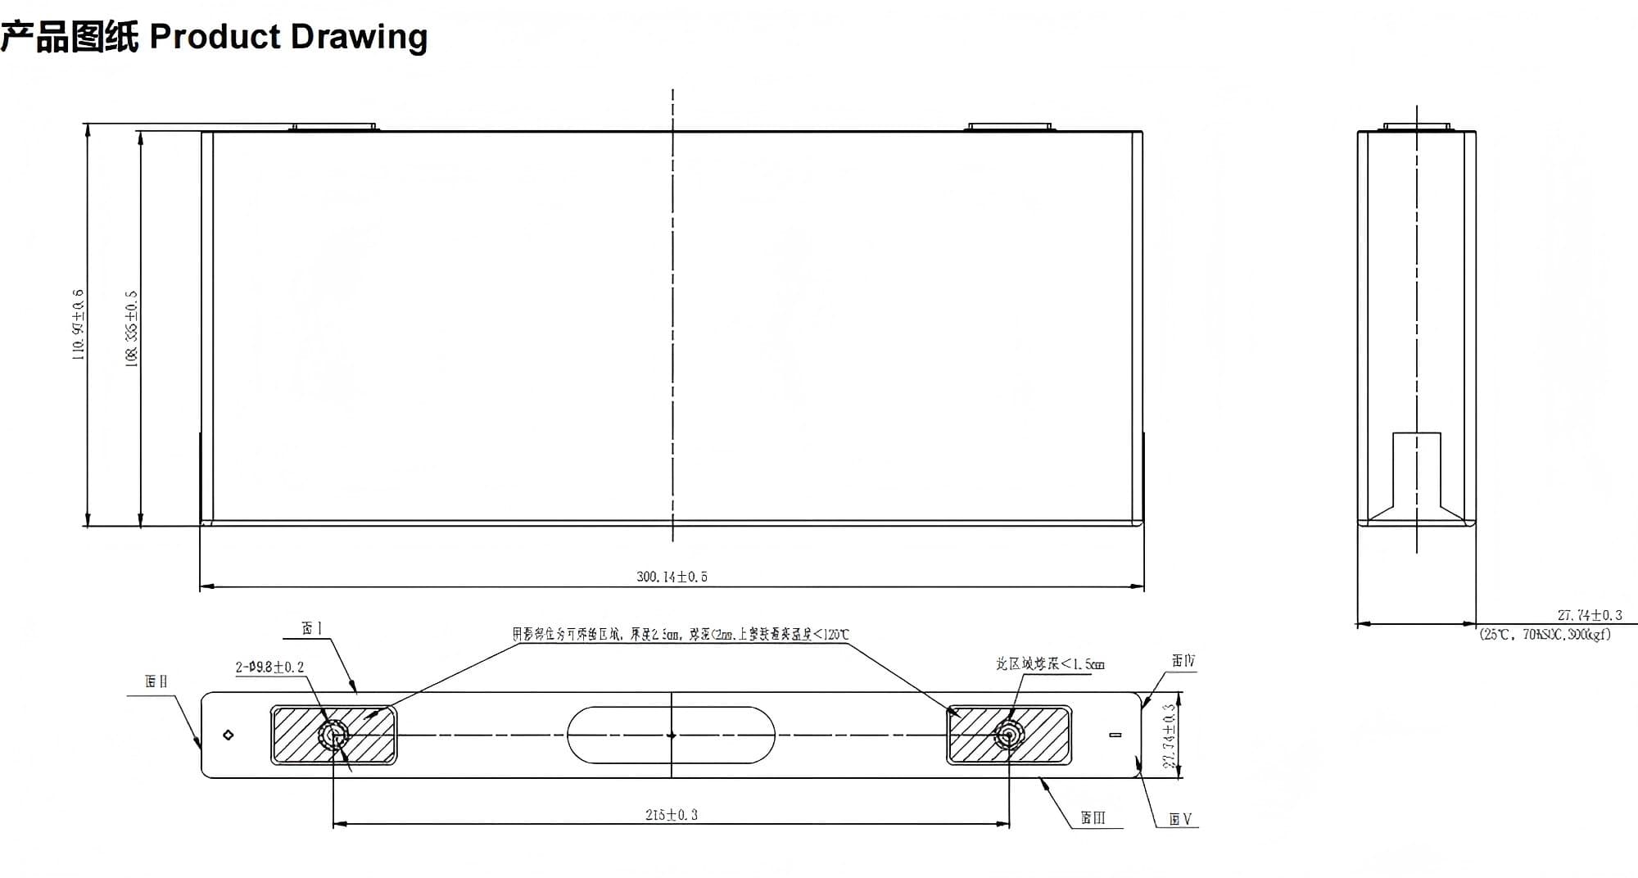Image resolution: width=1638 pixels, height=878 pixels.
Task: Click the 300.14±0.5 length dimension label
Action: [672, 577]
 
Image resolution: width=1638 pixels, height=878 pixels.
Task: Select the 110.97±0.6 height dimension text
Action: [79, 324]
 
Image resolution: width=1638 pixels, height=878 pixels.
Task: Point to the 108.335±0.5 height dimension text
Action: [131, 328]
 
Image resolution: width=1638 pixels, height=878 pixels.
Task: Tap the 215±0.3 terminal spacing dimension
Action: [672, 814]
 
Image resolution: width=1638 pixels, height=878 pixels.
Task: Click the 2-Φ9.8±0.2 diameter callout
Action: [269, 668]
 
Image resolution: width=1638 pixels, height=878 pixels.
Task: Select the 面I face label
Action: [312, 628]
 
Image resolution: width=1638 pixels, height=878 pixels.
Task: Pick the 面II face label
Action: [156, 681]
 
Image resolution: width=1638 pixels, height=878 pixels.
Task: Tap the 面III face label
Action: [1093, 817]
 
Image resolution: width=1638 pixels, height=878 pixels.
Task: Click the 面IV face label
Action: [1183, 661]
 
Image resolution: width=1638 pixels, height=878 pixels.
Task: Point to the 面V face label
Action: [1180, 819]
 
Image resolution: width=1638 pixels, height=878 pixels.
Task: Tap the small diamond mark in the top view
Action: [229, 735]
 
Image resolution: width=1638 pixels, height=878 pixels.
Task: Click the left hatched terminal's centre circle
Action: [333, 735]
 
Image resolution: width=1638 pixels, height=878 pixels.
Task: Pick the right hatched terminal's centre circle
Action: [1008, 735]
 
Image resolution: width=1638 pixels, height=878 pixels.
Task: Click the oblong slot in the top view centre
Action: [671, 735]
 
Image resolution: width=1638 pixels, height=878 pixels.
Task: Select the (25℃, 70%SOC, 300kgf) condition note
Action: [1545, 635]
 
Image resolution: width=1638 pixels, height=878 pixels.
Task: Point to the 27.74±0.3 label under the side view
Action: [1589, 615]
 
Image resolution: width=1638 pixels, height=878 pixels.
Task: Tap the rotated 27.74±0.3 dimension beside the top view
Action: [1170, 735]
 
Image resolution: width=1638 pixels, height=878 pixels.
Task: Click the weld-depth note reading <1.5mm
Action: [1050, 664]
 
